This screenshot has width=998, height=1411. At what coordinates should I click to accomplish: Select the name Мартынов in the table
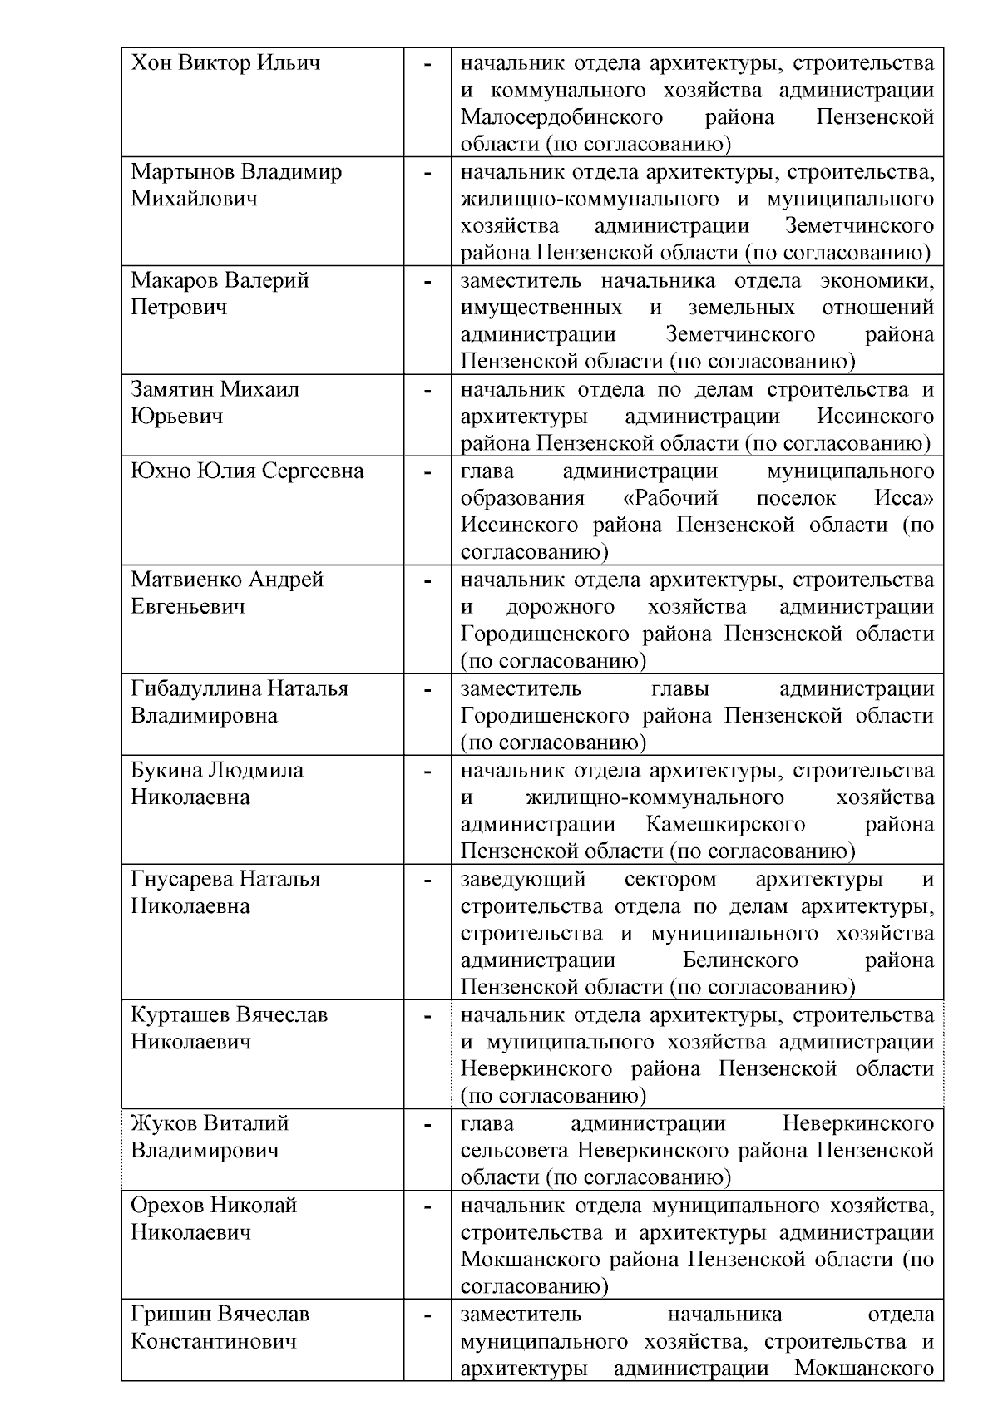[183, 172]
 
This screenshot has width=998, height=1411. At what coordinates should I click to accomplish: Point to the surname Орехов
[166, 1205]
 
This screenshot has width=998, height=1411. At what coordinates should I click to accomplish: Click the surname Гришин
[170, 1314]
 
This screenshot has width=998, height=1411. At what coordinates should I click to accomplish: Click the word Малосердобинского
[561, 117]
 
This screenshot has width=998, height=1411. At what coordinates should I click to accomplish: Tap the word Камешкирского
[725, 824]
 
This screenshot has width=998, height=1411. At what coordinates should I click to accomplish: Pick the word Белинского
[740, 960]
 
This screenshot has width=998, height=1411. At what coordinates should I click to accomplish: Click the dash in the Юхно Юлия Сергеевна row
[427, 472]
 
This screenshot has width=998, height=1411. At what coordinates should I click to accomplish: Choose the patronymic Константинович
[214, 1341]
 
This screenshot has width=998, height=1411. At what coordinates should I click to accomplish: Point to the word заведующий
[523, 879]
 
